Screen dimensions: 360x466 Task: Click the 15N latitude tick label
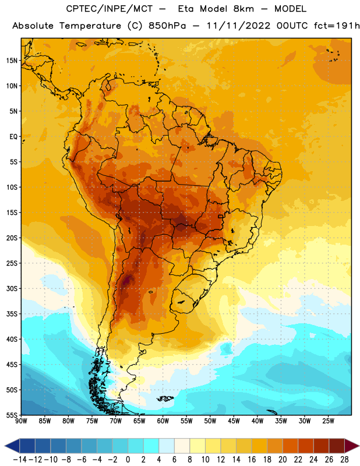[x=12, y=61]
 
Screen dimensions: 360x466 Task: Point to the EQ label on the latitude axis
[x=13, y=137]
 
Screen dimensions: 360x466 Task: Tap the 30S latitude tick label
[x=12, y=288]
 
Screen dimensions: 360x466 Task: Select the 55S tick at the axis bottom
[x=12, y=415]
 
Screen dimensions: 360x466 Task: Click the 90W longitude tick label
[x=21, y=421]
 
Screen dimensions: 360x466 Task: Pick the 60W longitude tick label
[x=163, y=421]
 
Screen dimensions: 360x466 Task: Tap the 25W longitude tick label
[x=328, y=421]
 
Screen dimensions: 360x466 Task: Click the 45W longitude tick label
[x=234, y=421]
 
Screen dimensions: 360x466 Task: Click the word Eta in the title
[x=186, y=9]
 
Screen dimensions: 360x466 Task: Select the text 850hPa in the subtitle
[x=167, y=26]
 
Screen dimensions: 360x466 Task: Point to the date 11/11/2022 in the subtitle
[x=238, y=26]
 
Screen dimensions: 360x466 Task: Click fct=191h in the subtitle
[x=337, y=26]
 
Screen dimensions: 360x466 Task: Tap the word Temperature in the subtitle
[x=90, y=26]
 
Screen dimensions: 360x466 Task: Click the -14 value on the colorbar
[x=20, y=460]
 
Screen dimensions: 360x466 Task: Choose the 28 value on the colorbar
[x=344, y=460]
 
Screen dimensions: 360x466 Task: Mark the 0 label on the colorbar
[x=128, y=460]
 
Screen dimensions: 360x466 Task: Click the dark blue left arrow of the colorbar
[x=12, y=446]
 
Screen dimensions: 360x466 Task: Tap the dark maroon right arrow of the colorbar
[x=352, y=446]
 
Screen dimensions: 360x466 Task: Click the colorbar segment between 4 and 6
[x=167, y=446]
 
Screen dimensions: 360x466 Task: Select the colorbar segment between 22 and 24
[x=306, y=446]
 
